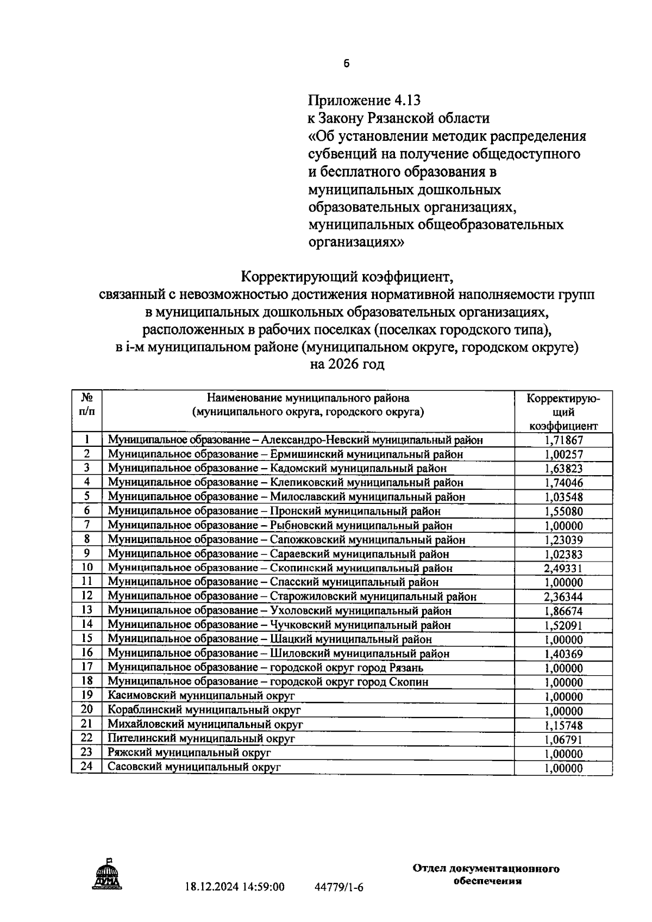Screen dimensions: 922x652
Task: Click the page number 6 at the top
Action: point(347,64)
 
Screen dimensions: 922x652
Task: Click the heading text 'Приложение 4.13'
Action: point(364,100)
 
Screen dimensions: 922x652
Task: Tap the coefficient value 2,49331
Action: point(563,568)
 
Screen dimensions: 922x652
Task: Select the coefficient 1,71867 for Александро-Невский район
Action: point(563,440)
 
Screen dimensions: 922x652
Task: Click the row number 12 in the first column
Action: point(86,596)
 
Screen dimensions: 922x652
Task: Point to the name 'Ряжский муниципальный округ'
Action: point(189,753)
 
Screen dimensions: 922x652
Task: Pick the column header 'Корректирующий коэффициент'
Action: point(563,412)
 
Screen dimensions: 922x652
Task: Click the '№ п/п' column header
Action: point(86,405)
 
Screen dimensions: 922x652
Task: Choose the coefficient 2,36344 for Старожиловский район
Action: point(563,597)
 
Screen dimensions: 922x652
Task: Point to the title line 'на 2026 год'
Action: point(347,364)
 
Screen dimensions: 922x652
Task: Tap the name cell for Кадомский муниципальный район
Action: point(277,468)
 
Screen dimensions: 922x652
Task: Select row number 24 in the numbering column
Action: point(86,767)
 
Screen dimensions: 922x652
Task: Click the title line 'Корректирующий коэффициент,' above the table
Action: point(347,277)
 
